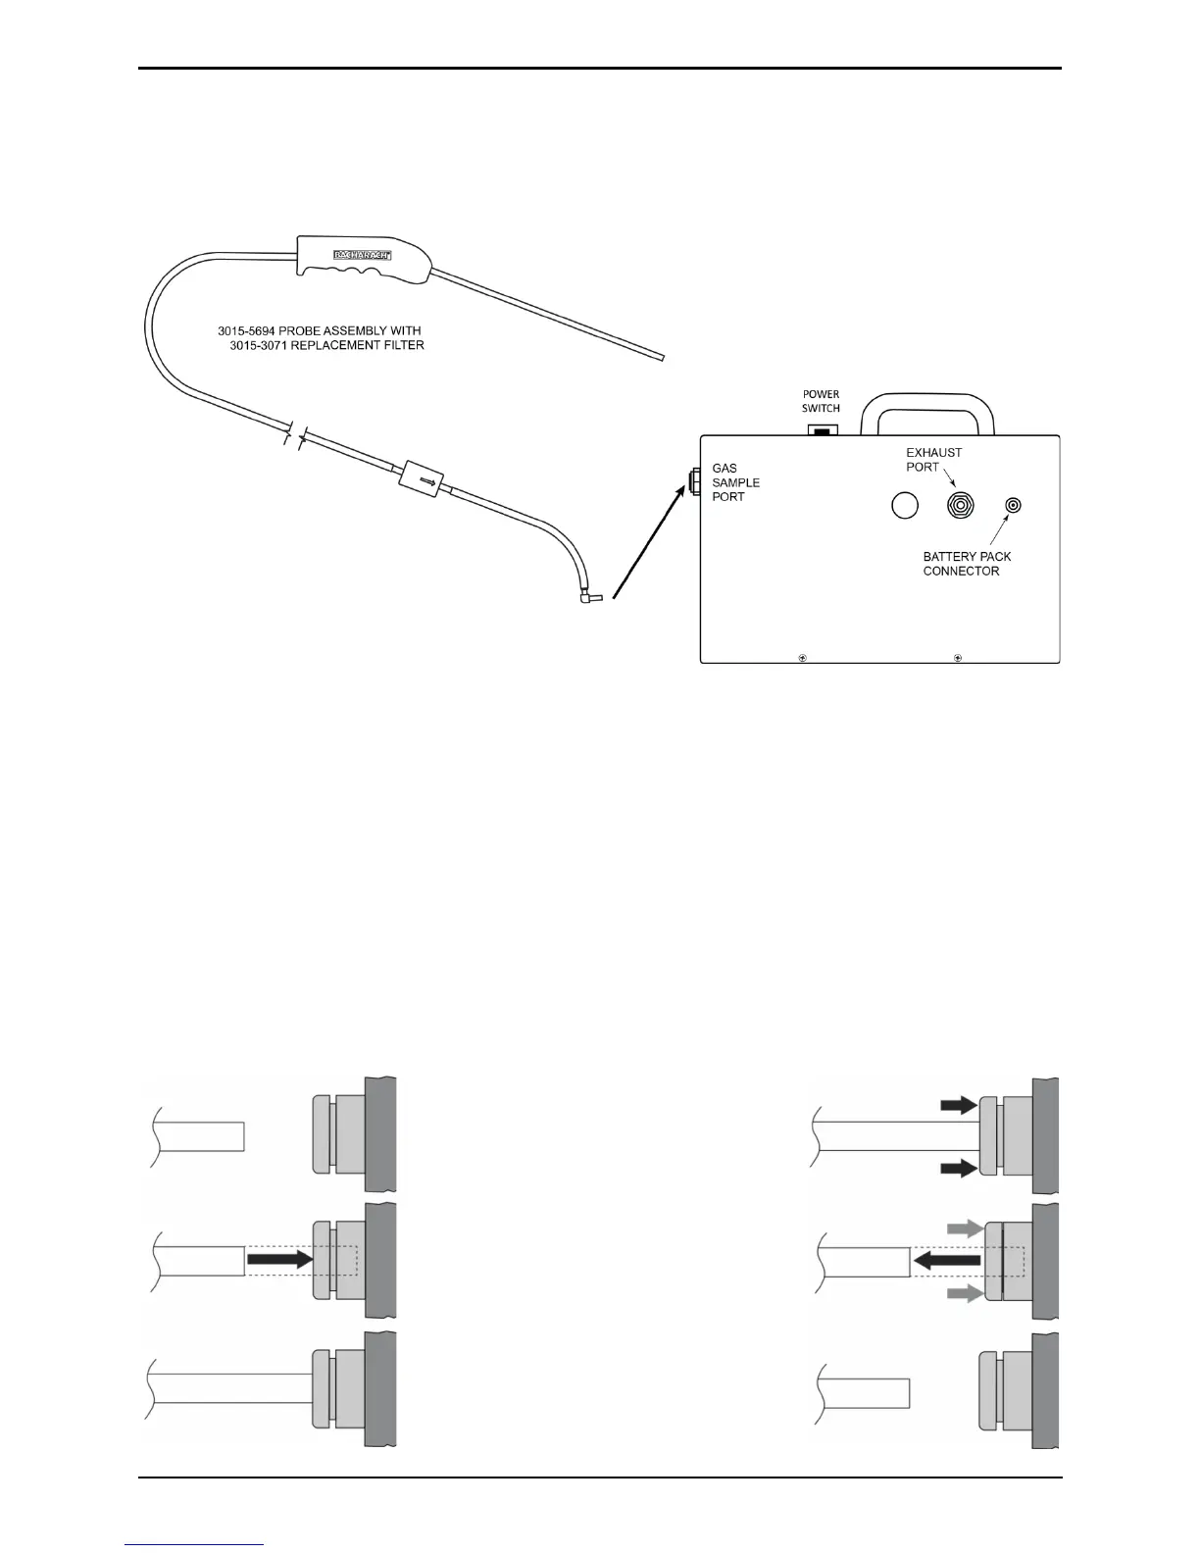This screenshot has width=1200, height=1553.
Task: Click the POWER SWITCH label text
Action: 821,401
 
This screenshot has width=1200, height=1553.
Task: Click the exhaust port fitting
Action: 959,505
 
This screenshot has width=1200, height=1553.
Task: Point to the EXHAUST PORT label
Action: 933,459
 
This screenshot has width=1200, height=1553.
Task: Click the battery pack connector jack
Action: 1013,505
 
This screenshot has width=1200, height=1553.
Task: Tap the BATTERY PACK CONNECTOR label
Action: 967,564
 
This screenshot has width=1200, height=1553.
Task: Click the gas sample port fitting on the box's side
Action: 694,481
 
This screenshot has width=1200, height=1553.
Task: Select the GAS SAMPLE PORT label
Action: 735,482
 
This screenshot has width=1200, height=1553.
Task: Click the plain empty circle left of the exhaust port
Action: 904,505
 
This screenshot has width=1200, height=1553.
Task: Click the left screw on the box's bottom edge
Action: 802,657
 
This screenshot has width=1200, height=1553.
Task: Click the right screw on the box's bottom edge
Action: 957,657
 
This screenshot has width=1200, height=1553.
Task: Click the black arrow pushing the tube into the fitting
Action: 278,1262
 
